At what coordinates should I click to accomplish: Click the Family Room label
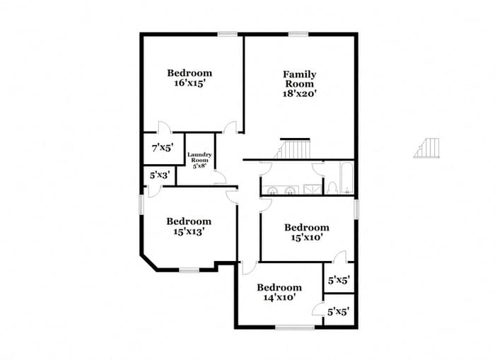(299, 79)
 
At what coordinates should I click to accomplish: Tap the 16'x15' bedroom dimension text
(190, 83)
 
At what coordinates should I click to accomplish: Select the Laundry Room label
(199, 157)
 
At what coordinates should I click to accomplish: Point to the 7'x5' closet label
(163, 148)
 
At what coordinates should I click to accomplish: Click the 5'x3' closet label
(160, 175)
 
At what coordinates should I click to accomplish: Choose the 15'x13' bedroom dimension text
(189, 231)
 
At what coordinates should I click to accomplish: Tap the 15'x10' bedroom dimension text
(306, 238)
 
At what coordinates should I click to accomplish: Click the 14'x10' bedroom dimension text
(279, 297)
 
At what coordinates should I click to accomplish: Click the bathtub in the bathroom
(346, 178)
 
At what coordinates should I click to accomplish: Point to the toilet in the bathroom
(332, 187)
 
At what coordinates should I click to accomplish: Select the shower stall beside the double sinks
(313, 189)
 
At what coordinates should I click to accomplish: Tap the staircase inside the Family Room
(293, 149)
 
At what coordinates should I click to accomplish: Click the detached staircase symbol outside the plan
(426, 148)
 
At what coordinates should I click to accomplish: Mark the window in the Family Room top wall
(298, 34)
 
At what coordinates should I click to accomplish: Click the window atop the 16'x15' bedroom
(227, 34)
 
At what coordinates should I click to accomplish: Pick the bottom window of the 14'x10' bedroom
(295, 327)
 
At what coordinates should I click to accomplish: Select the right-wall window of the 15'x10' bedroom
(356, 209)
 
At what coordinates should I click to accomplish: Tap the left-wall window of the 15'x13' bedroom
(141, 205)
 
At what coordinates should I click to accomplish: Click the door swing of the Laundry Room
(221, 178)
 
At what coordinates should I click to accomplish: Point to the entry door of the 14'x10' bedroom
(248, 269)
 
